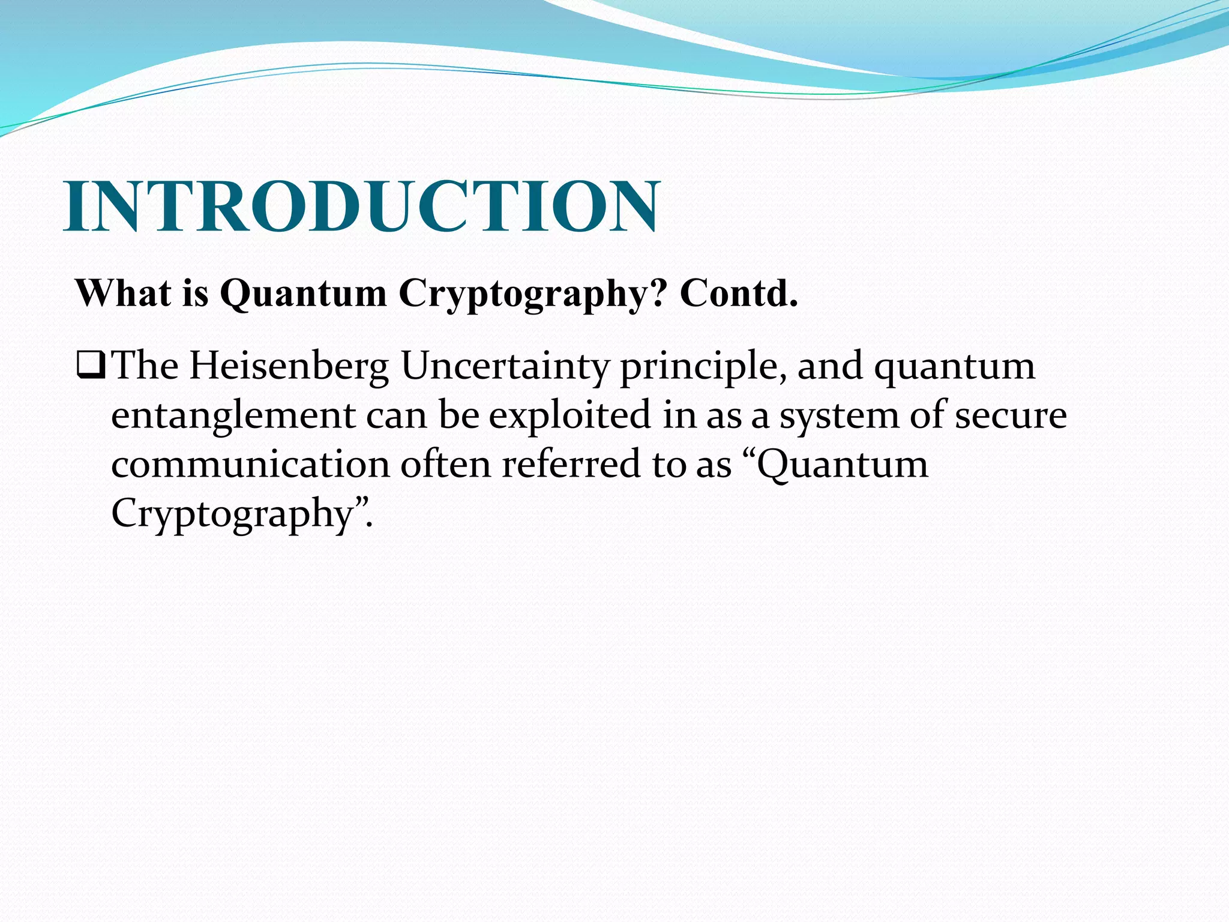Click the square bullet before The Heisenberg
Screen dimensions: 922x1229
click(x=91, y=366)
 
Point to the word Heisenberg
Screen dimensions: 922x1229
click(x=289, y=366)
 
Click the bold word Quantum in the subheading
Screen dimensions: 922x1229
click(x=304, y=294)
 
